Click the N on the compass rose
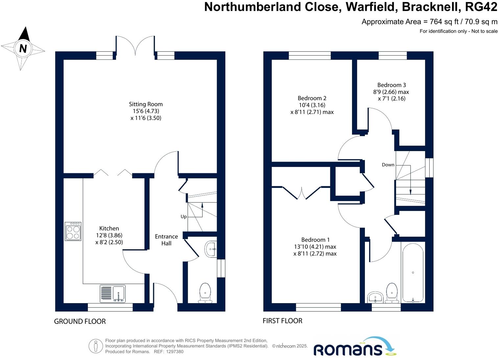[x=23, y=49]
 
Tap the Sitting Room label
[x=146, y=104]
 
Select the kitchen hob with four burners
[x=73, y=231]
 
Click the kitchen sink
[x=113, y=293]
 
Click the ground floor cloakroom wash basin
[x=211, y=249]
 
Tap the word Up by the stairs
[x=183, y=216]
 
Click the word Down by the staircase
[x=388, y=165]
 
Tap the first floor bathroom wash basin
[x=375, y=297]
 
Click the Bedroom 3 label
[x=391, y=85]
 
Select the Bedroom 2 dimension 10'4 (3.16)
[x=312, y=105]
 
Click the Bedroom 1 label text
[x=315, y=240]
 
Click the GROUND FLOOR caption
[x=80, y=321]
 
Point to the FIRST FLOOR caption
[x=282, y=321]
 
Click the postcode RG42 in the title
[x=481, y=7]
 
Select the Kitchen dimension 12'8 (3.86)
[x=109, y=235]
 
